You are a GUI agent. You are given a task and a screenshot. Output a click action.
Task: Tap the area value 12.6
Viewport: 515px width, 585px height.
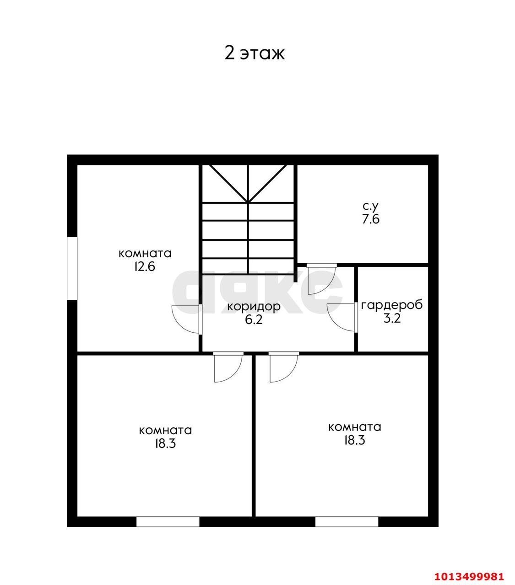[145, 266]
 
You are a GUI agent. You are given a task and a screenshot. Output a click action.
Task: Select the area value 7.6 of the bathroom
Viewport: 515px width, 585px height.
[371, 219]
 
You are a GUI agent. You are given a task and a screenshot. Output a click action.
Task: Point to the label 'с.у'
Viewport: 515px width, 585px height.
[370, 207]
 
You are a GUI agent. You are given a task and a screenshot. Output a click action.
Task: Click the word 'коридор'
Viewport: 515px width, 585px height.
[254, 307]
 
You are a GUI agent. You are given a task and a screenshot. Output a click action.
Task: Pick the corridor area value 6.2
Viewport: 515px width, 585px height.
[254, 320]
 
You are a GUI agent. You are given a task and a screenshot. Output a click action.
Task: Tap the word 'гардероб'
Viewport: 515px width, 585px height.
[392, 305]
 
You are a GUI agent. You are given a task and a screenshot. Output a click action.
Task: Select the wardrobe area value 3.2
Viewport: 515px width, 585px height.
[392, 319]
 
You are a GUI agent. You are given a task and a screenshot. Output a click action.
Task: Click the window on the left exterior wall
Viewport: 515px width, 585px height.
[72, 269]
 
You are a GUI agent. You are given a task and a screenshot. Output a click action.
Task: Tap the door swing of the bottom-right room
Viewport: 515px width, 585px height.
[292, 372]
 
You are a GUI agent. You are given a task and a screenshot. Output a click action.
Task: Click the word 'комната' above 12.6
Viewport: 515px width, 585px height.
[145, 254]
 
